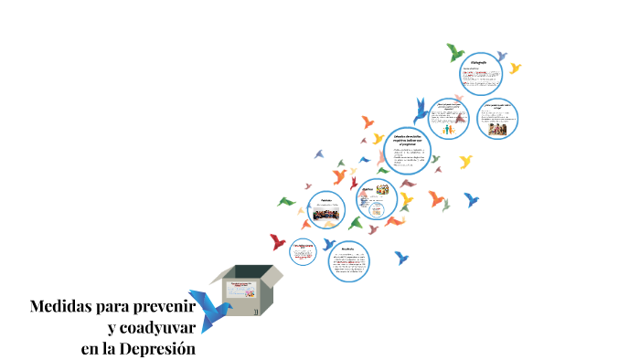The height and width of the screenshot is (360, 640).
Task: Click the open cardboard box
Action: [247, 290]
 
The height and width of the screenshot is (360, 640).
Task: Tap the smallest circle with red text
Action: [303, 249]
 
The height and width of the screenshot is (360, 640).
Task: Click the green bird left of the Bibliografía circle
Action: [454, 51]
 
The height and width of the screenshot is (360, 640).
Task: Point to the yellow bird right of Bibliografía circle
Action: [516, 69]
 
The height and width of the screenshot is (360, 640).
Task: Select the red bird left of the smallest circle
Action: [278, 241]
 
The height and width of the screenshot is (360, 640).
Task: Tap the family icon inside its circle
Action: [449, 131]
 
